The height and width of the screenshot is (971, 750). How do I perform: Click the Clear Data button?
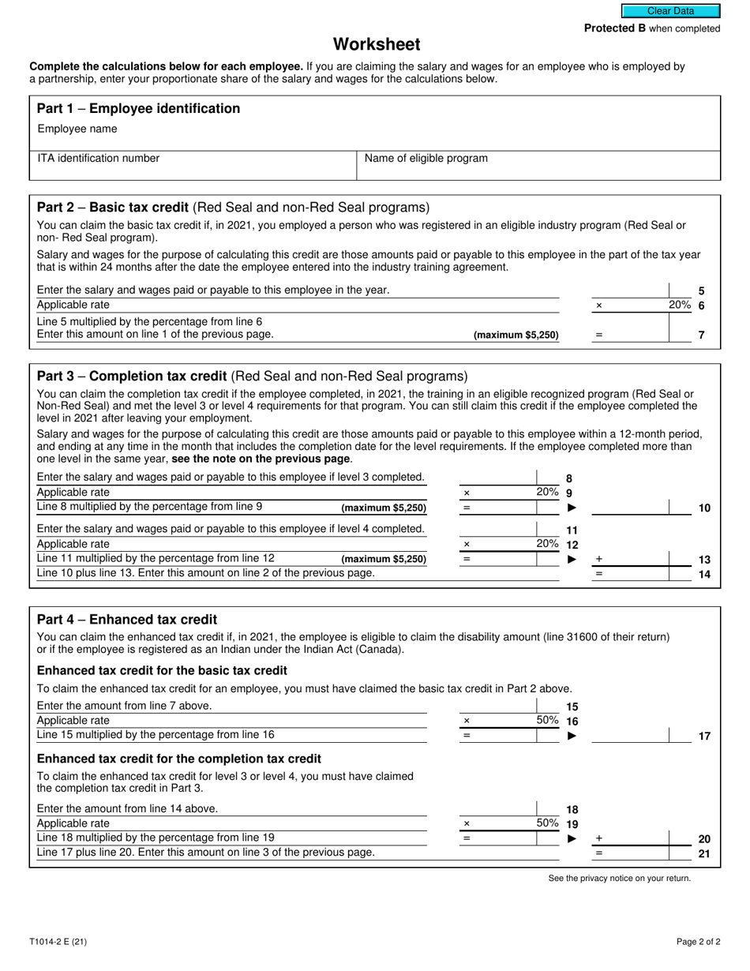point(670,11)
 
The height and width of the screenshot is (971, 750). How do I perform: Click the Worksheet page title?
point(376,44)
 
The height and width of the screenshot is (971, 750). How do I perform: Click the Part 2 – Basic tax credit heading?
point(233,208)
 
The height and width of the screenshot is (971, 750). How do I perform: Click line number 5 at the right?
point(701,291)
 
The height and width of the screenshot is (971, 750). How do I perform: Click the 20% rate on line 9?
point(547,492)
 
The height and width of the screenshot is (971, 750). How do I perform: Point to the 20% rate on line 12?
point(547,544)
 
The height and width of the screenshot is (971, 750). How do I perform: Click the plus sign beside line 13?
point(598,559)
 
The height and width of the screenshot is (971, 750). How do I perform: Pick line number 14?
point(704,574)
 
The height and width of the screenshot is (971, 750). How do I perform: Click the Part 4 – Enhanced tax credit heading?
point(127,620)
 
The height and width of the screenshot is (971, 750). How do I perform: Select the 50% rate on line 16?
point(547,720)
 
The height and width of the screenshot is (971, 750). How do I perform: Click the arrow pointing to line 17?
point(572,736)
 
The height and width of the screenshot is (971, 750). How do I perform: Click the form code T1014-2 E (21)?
point(58,941)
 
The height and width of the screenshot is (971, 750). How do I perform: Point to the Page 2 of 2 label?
point(698,941)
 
